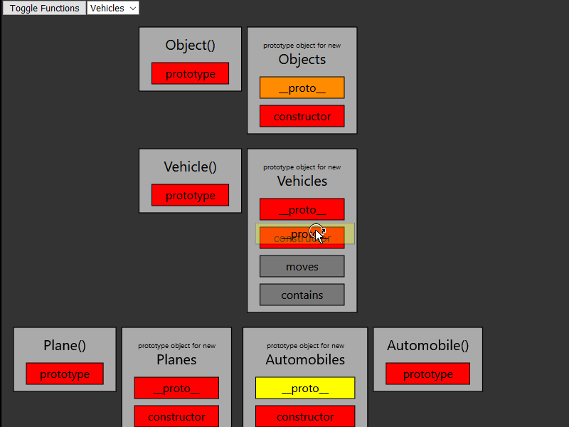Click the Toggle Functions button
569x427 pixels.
click(x=44, y=9)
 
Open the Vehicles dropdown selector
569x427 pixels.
click(x=113, y=9)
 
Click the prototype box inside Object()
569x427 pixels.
click(x=190, y=74)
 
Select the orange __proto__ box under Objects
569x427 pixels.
click(x=302, y=88)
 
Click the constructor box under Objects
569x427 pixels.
click(x=302, y=116)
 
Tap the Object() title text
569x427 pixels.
click(x=190, y=45)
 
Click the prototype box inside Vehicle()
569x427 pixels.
click(x=190, y=195)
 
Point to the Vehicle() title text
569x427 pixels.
click(x=190, y=167)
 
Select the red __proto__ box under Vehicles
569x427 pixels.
click(x=302, y=209)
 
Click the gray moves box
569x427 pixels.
click(x=302, y=266)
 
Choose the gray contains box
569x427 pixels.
click(x=302, y=295)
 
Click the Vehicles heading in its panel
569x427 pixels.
click(x=302, y=181)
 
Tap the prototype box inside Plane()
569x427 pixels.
click(x=65, y=374)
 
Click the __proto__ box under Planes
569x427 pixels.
click(x=176, y=388)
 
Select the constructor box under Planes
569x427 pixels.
click(x=176, y=416)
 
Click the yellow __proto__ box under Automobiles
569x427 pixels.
click(x=304, y=388)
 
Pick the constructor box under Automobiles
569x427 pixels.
click(x=304, y=416)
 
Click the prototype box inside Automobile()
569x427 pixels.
click(x=427, y=374)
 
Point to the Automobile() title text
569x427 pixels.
click(x=427, y=345)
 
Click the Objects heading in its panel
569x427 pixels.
click(x=302, y=59)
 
